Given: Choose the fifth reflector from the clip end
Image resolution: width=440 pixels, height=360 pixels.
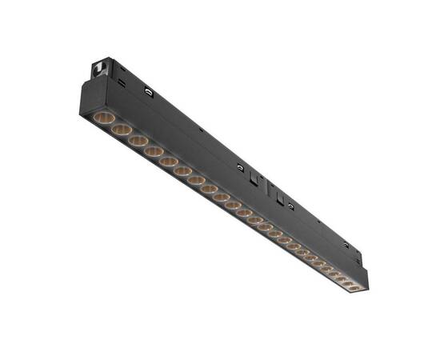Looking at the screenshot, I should [169, 162].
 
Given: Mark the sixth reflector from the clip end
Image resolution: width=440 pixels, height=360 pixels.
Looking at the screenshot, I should [183, 171].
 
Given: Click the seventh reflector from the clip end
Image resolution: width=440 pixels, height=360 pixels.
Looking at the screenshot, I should [197, 181].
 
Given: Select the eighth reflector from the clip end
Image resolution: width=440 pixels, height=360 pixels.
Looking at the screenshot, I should [210, 190].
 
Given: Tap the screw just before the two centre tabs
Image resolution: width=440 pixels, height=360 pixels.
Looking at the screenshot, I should [240, 167].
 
